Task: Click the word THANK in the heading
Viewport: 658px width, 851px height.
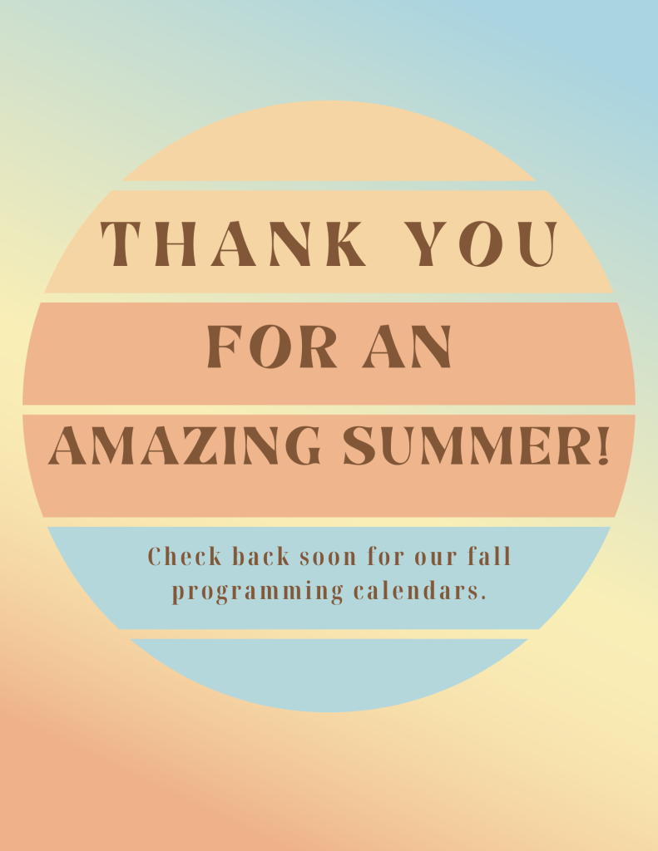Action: click(233, 243)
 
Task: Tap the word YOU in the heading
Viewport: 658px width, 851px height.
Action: click(482, 243)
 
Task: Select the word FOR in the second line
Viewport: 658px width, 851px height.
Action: click(272, 347)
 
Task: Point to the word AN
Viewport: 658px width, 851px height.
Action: click(407, 347)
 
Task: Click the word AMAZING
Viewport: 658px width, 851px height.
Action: click(185, 445)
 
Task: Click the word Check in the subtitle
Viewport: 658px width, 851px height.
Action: click(185, 556)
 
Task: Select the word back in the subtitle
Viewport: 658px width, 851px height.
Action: click(261, 556)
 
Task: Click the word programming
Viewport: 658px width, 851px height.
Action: click(258, 592)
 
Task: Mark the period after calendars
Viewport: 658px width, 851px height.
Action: click(482, 598)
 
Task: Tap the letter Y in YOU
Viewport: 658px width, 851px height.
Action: click(427, 243)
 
